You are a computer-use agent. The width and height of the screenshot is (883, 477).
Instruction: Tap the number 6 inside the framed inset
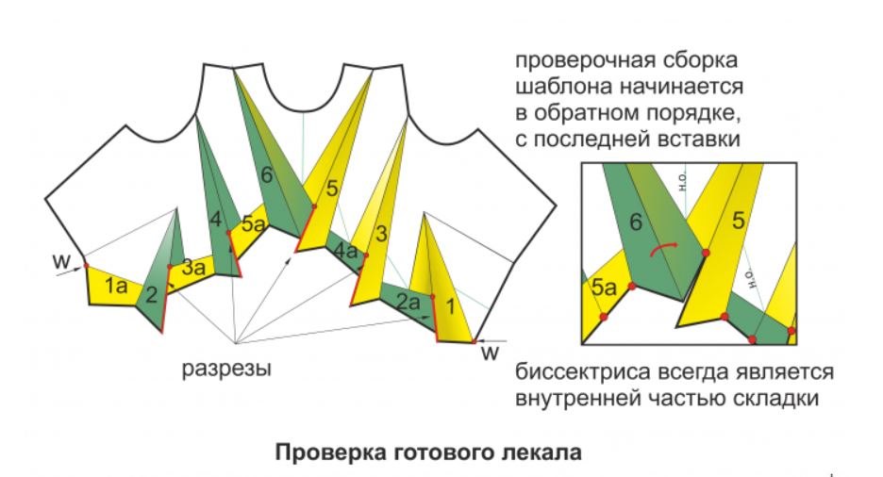point(637,222)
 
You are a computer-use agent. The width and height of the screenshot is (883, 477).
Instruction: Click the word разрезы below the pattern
point(226,368)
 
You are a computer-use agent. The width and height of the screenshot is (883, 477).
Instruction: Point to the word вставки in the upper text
point(703,139)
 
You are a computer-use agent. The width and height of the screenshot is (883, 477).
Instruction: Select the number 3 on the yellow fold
point(382,232)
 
